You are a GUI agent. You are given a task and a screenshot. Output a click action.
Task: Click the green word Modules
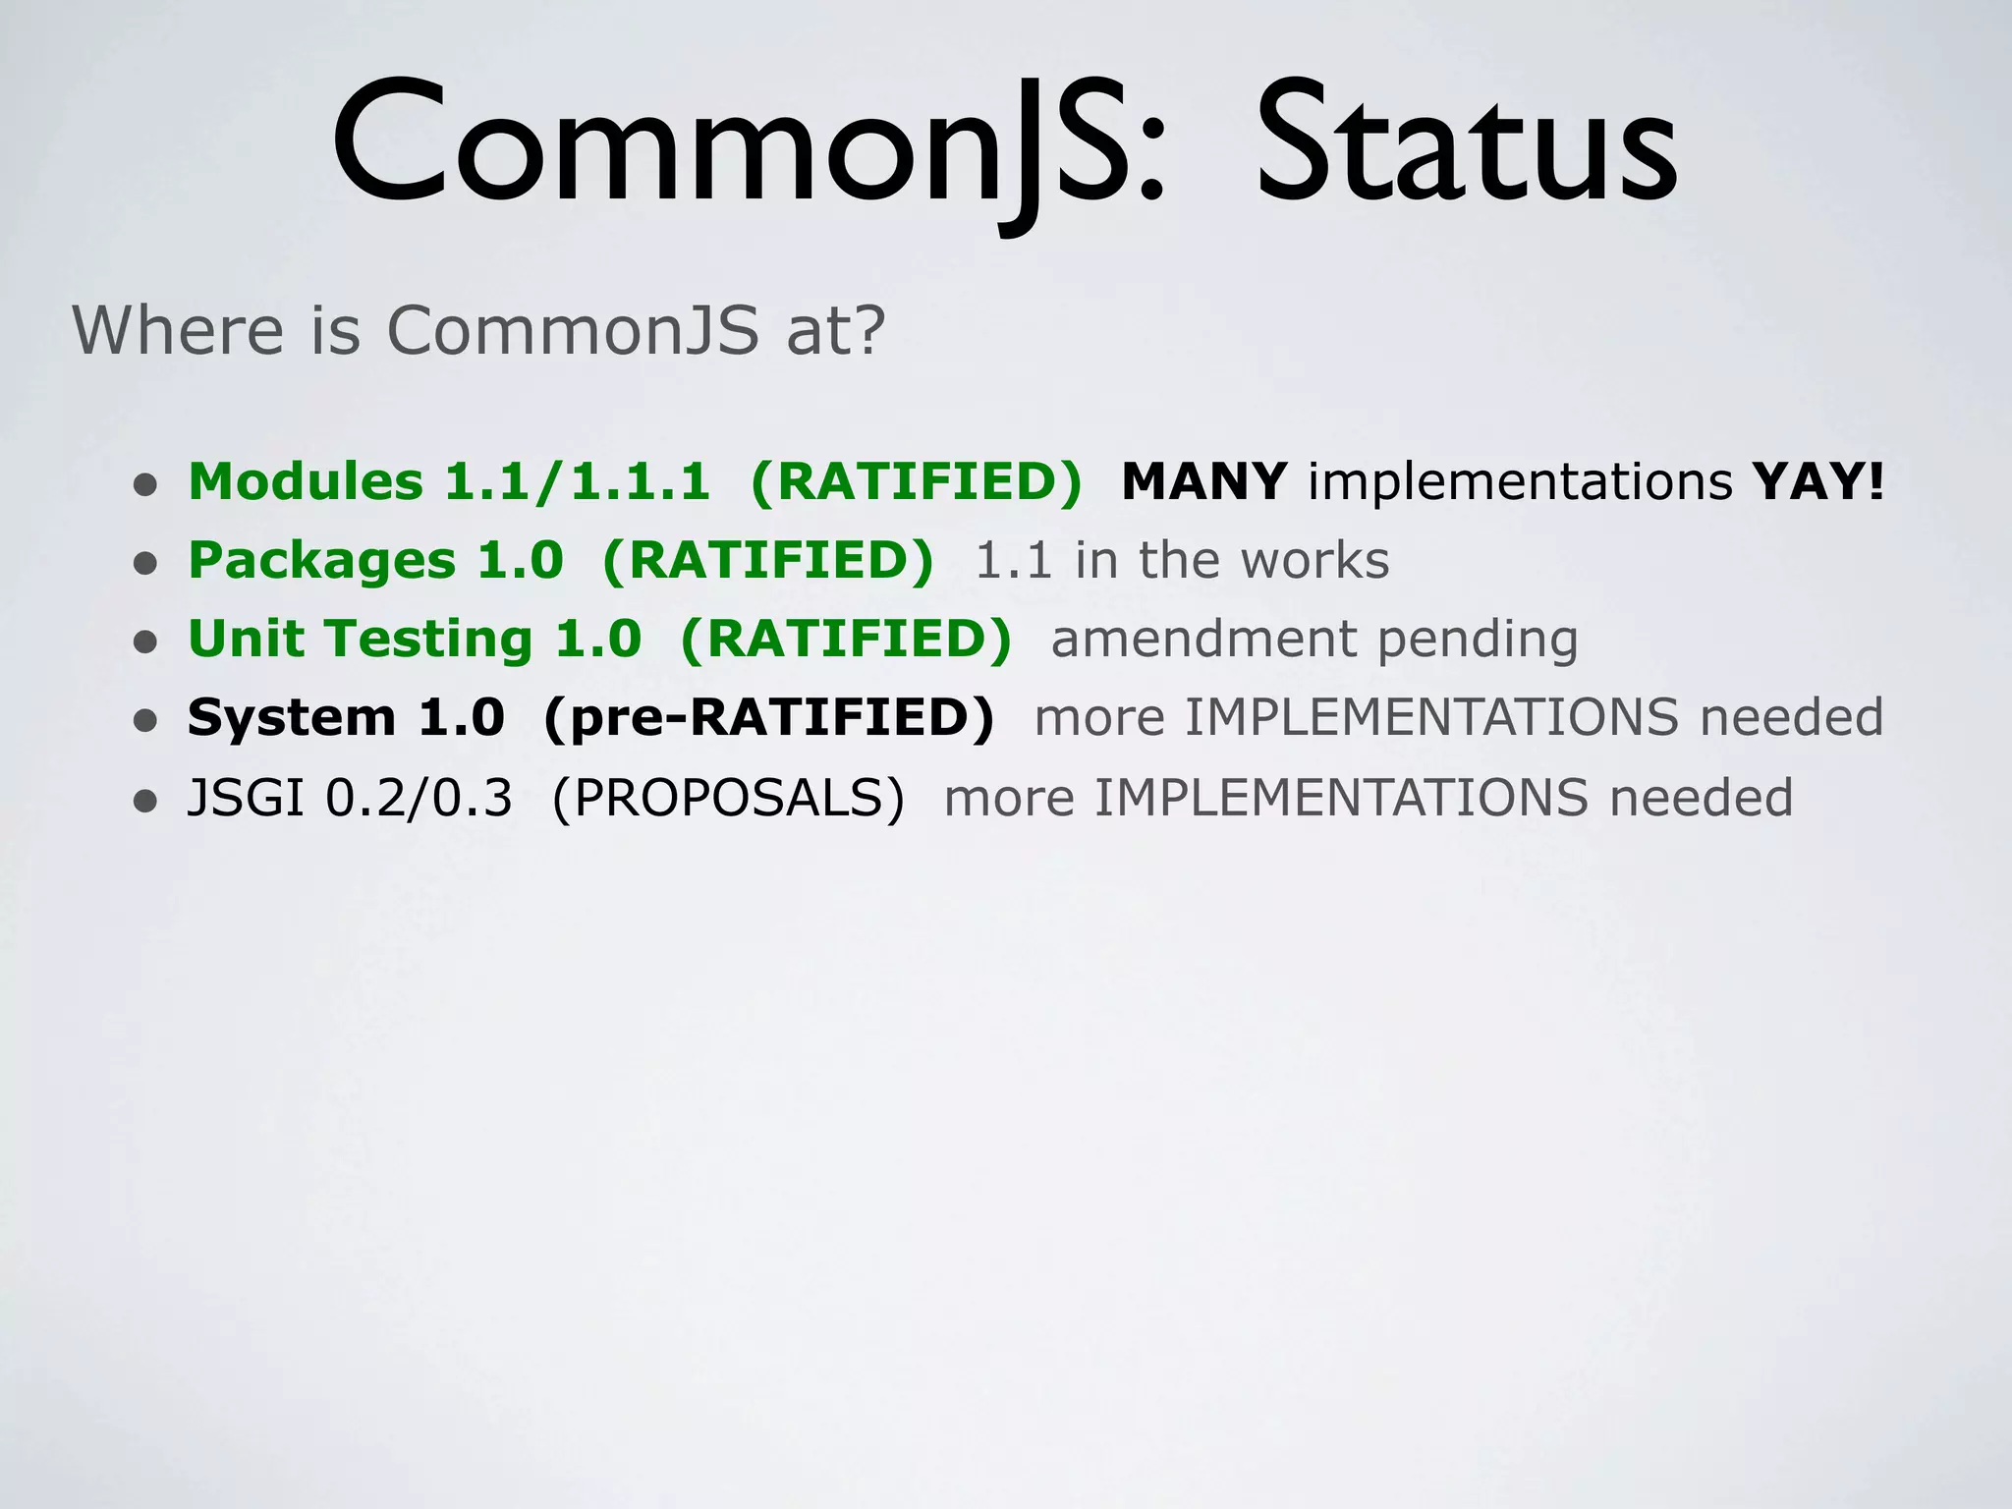click(306, 481)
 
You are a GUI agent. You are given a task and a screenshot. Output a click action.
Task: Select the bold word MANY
click(1204, 481)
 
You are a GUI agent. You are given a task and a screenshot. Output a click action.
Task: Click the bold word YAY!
click(1818, 481)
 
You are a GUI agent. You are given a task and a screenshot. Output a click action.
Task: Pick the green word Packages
click(321, 560)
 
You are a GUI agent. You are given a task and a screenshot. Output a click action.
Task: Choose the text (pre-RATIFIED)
click(768, 717)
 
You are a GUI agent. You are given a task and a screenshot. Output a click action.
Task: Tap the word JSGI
click(246, 797)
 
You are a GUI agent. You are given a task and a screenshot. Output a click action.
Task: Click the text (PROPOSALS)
click(728, 797)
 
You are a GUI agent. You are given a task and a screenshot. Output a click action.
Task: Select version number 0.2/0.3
click(419, 797)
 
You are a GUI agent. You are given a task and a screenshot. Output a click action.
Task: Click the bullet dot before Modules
click(145, 484)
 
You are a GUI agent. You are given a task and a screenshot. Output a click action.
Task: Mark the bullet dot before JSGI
click(145, 801)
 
